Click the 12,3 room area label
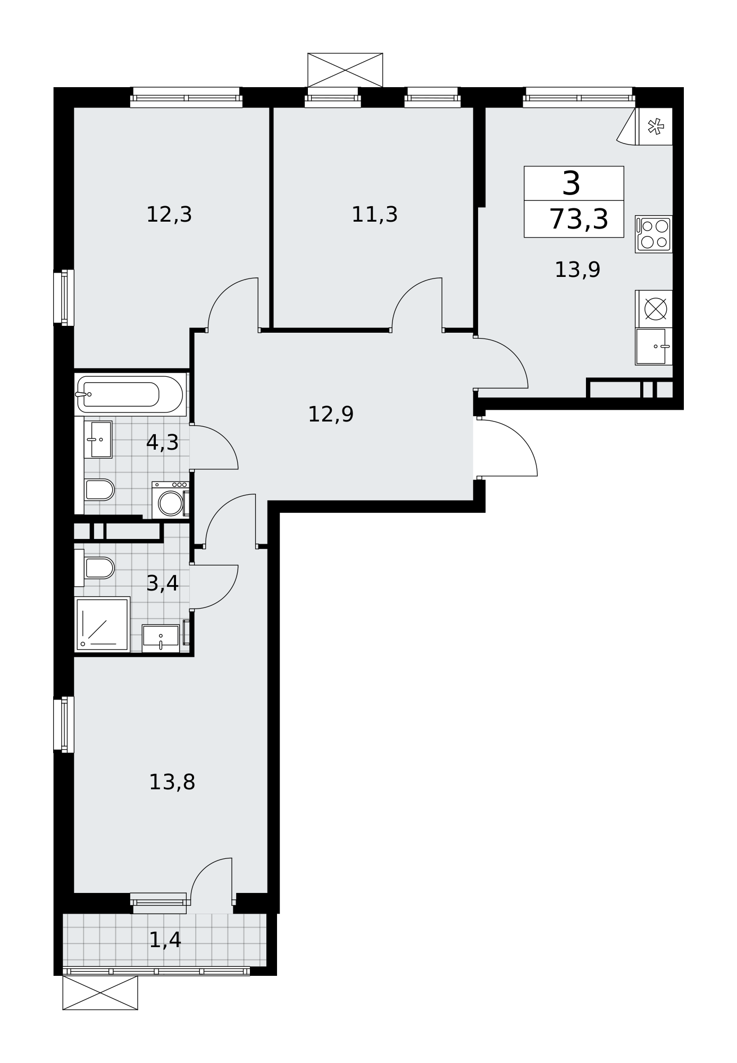[169, 215]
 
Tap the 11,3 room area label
[374, 215]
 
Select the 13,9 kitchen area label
[577, 270]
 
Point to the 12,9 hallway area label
[331, 414]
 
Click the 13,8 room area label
[172, 782]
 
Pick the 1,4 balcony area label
[165, 940]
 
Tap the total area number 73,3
[578, 219]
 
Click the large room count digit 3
[572, 183]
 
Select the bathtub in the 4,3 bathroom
[131, 394]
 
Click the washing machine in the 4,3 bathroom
[170, 500]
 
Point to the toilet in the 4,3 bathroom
[99, 490]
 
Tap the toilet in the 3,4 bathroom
[99, 568]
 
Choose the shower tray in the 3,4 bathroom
[102, 624]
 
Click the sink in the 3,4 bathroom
[161, 638]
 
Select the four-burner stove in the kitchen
[654, 234]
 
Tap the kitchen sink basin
[651, 346]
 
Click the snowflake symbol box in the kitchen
[656, 126]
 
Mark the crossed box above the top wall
[345, 70]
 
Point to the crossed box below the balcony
[100, 992]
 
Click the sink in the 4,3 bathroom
[98, 440]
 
